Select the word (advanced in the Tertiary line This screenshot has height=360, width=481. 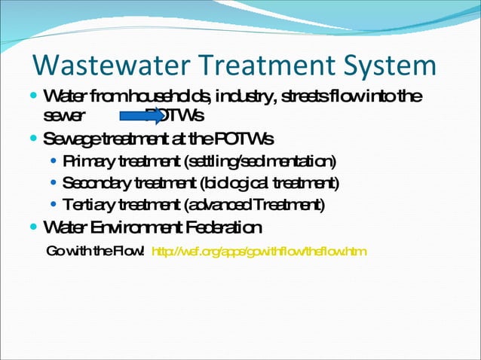218,205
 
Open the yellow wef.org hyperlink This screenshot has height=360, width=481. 259,251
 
